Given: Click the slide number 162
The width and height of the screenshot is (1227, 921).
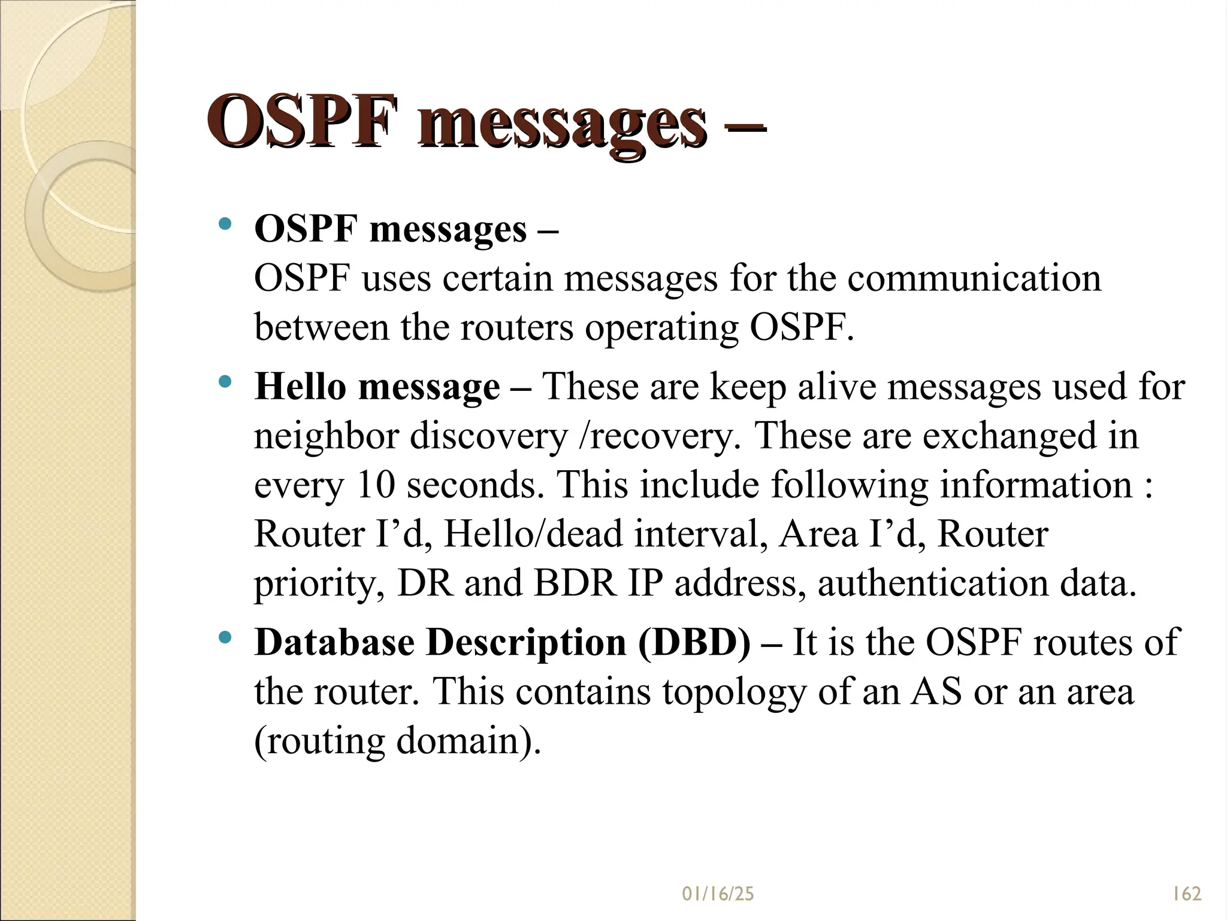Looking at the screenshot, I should point(1186,894).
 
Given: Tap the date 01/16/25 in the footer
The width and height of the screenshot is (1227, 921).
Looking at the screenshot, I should point(718,894).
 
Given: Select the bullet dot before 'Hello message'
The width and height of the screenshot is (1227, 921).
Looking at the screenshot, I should point(225,381).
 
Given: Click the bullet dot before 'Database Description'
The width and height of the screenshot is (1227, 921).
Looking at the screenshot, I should point(225,637).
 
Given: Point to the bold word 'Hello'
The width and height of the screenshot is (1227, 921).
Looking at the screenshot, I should point(300,386).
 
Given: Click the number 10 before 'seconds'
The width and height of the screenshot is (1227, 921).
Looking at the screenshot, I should point(376,484).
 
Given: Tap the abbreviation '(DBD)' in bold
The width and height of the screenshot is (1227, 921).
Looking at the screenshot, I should point(694,643).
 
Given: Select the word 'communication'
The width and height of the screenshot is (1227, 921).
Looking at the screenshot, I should point(974,279).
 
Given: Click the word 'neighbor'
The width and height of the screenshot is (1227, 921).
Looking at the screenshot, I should point(327,436).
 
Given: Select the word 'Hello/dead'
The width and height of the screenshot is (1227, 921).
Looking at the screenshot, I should point(533,534).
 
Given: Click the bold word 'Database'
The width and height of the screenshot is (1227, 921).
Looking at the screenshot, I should point(334,643).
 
